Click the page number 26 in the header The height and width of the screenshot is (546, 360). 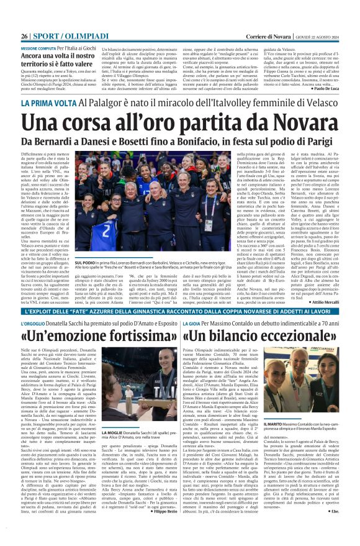pyautogui.click(x=24, y=19)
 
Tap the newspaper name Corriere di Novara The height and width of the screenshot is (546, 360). pyautogui.click(x=261, y=19)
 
